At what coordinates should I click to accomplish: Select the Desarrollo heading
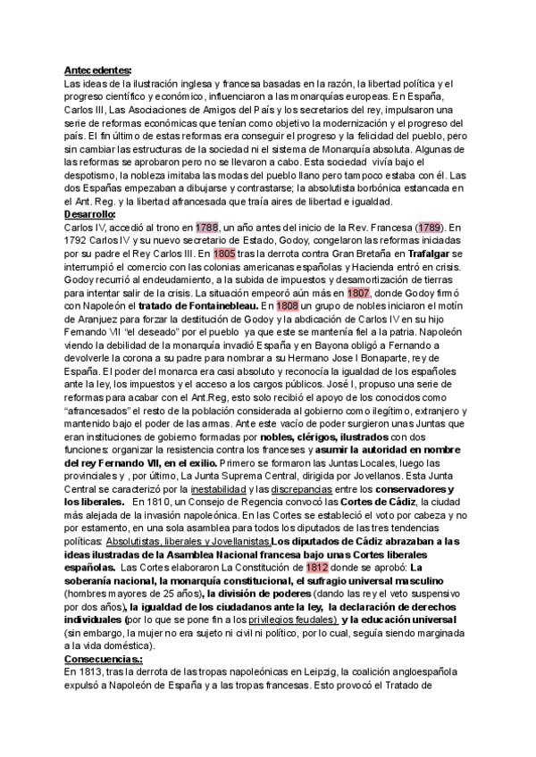point(90,215)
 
